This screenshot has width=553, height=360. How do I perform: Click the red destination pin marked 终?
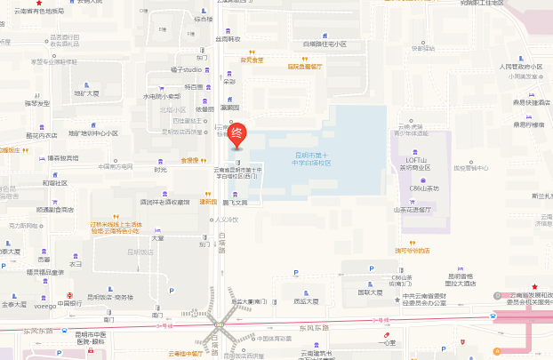pos(236,134)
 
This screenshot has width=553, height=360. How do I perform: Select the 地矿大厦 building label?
pos(87,92)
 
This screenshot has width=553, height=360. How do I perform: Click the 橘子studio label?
pos(188,68)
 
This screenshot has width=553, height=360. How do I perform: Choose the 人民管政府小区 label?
pos(520,67)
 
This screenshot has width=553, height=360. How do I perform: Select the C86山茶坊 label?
pos(424,188)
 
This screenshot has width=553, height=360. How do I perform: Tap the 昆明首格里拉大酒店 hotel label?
pos(460,279)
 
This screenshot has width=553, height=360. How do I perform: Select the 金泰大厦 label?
pos(14,304)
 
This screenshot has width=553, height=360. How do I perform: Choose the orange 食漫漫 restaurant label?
pos(189,161)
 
